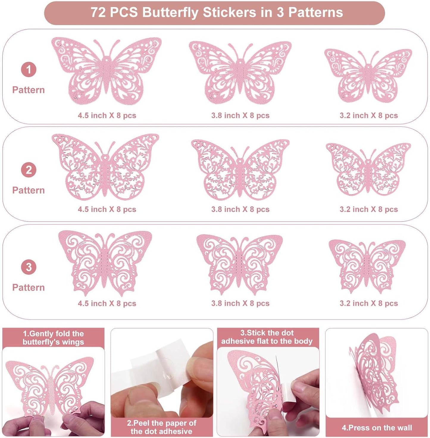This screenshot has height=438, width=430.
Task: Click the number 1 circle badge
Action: pyautogui.click(x=29, y=70)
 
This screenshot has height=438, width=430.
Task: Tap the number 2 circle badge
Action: pyautogui.click(x=29, y=170)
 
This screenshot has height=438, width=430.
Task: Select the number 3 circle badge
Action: pyautogui.click(x=29, y=267)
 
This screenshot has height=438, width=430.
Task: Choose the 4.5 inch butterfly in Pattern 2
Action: pyautogui.click(x=105, y=167)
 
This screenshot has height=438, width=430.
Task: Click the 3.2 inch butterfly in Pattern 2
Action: pyautogui.click(x=368, y=169)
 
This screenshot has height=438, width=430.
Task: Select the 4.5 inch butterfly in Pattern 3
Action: pyautogui.click(x=105, y=262)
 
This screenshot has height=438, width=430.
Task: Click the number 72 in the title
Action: pyautogui.click(x=98, y=13)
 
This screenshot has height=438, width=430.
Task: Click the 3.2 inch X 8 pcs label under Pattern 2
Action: pyautogui.click(x=369, y=209)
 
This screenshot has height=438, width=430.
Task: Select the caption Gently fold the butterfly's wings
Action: pyautogui.click(x=53, y=338)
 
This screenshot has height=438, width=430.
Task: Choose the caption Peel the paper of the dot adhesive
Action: pyautogui.click(x=162, y=427)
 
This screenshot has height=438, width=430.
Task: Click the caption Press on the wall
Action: pyautogui.click(x=377, y=428)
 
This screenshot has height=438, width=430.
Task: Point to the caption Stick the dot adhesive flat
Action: pyautogui.click(x=267, y=337)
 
